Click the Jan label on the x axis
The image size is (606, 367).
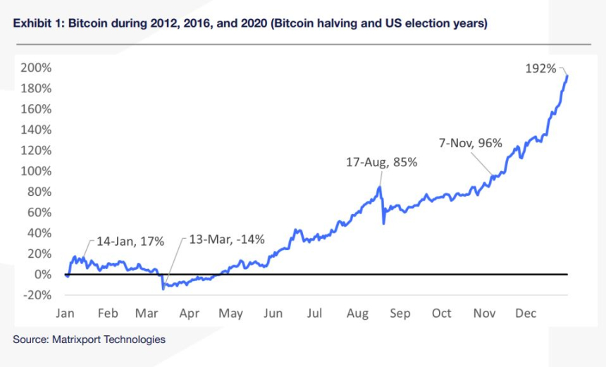tap(66, 313)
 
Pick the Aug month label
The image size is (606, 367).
tap(357, 313)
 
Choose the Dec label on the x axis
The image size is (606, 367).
tap(526, 313)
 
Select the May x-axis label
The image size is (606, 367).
tap(230, 313)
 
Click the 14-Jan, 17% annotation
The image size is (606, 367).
tap(130, 242)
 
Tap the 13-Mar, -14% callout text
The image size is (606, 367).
tap(227, 240)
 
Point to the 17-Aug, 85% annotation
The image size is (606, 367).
tap(382, 162)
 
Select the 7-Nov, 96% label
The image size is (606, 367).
tap(471, 144)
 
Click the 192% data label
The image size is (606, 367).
tap(540, 69)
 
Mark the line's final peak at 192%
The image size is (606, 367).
tap(568, 76)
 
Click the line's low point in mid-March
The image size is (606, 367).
tap(163, 288)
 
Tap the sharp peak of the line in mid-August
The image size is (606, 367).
tap(381, 187)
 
